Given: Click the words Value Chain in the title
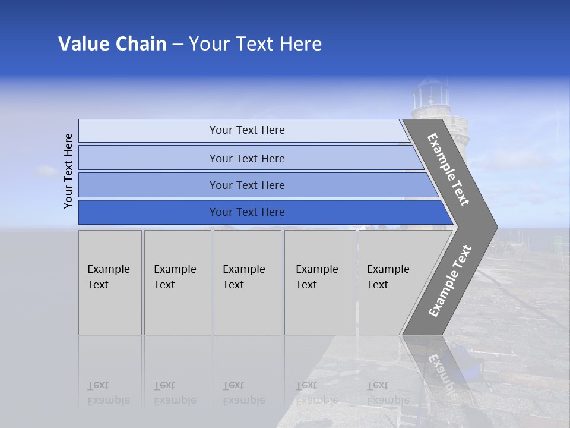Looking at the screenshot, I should pos(112,44).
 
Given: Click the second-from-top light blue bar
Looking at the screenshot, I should pos(247,158).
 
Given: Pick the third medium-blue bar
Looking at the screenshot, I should pos(247,185).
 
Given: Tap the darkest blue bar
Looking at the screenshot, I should pos(247,212).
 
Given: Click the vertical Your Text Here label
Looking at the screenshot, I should pos(68,171).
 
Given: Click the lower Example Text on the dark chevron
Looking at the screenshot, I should pos(449,281).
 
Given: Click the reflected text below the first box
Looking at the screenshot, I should pos(108,393).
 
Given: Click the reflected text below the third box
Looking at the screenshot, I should pos(243,393).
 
